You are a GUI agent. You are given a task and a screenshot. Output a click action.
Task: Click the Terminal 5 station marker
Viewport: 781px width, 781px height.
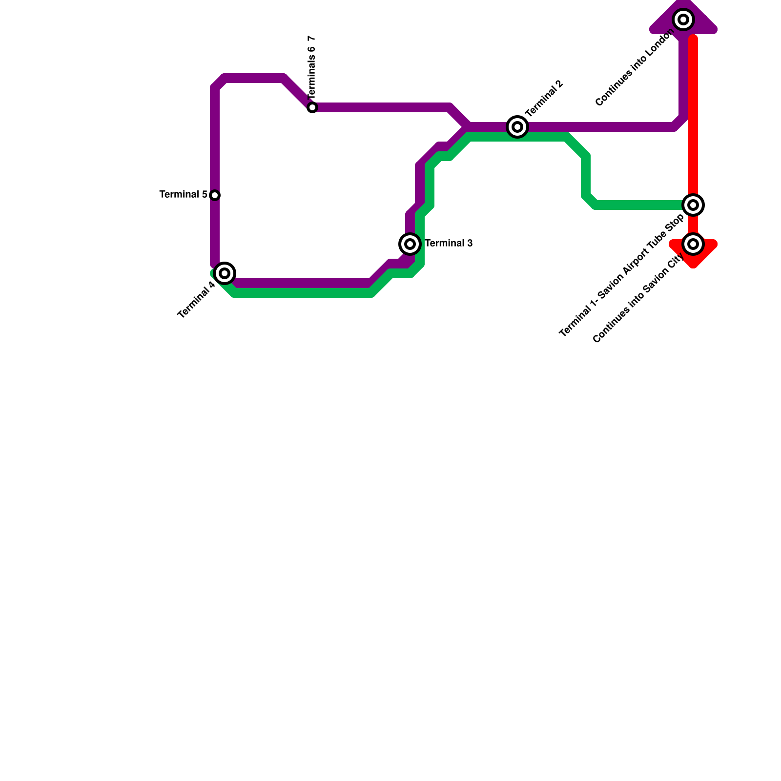[215, 195]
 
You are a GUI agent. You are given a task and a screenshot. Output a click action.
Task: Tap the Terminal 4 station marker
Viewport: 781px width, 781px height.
[225, 273]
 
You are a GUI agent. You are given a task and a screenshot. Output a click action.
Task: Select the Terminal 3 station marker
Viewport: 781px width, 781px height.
[410, 244]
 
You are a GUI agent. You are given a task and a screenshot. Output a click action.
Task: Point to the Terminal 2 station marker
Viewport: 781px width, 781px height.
[517, 127]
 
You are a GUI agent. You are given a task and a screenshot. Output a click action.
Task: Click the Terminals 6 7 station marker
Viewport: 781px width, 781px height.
[312, 107]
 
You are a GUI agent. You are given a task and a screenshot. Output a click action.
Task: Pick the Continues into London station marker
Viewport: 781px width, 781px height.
[683, 20]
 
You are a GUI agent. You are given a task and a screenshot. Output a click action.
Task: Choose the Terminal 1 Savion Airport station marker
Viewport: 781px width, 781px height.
[693, 205]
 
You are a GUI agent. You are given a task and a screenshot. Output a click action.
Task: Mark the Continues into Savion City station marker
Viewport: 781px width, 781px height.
[693, 244]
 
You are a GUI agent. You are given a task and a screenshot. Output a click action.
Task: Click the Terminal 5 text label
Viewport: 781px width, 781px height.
[184, 195]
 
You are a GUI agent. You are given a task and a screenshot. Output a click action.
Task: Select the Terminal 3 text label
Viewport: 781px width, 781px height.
[449, 244]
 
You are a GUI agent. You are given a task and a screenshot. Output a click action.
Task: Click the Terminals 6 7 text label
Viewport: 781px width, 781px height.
[312, 66]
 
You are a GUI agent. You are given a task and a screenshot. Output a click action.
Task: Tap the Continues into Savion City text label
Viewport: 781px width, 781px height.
[638, 301]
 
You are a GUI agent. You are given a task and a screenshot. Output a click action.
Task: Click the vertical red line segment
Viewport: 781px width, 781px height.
[693, 117]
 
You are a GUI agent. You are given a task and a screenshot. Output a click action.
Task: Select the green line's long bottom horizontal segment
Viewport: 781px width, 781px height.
[303, 293]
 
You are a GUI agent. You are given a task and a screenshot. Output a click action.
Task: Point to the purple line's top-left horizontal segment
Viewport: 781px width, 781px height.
[254, 78]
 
